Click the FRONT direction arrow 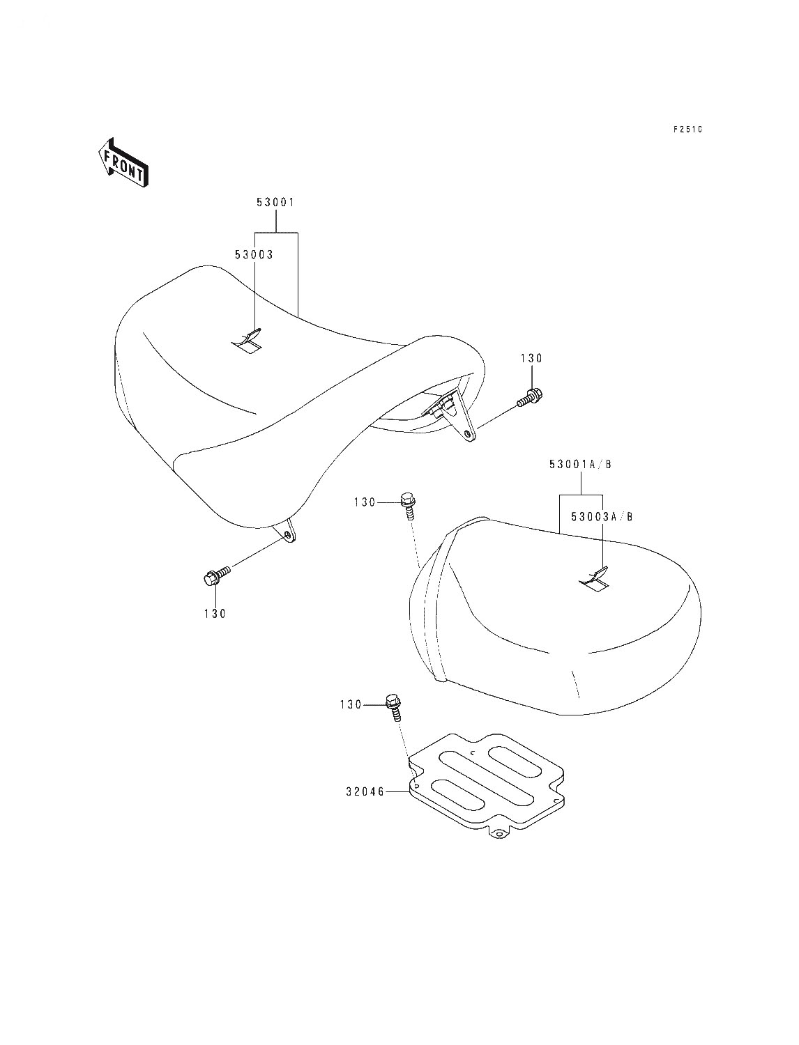point(123,163)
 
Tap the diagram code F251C point(687,130)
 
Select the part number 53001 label point(275,202)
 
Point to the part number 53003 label point(254,255)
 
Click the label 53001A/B point(580,465)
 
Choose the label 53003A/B point(602,517)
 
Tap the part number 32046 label point(365,791)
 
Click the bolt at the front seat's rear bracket point(531,396)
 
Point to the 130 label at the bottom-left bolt point(215,614)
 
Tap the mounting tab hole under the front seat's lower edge point(288,534)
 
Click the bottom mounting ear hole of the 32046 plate point(499,835)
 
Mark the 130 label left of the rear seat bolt point(365,502)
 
